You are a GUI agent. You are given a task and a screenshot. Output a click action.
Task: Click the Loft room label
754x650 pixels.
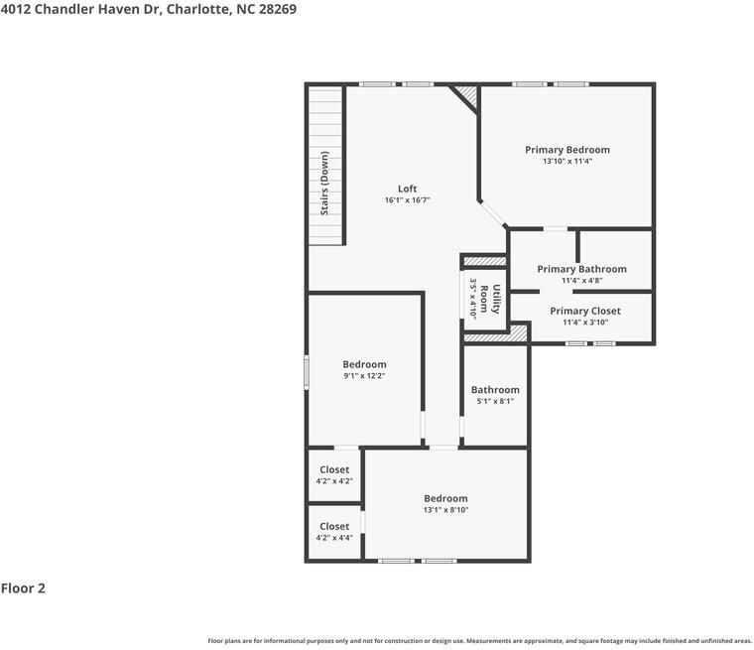coord(407,189)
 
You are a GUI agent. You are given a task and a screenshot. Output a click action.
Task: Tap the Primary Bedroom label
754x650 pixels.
coord(566,150)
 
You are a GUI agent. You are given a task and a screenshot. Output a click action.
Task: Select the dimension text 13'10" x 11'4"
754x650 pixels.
coord(566,162)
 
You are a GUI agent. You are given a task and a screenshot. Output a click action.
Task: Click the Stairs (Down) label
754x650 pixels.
coord(324,184)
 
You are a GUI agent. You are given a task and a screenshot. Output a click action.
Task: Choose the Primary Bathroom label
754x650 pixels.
coord(581,269)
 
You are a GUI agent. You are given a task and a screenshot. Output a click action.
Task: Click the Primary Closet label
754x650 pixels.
coord(585,311)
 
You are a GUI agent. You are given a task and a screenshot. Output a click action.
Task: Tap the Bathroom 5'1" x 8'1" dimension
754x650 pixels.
coord(495,402)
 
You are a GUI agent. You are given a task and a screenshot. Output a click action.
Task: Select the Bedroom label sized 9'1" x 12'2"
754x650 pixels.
coord(364,364)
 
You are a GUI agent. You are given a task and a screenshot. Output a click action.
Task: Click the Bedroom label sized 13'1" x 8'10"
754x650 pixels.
coord(445,498)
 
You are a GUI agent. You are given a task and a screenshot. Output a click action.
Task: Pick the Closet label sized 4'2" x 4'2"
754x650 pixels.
coord(334,469)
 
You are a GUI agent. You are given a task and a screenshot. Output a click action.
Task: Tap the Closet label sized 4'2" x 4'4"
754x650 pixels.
coord(334,526)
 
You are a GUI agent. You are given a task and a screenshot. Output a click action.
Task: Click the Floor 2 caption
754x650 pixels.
coord(23,588)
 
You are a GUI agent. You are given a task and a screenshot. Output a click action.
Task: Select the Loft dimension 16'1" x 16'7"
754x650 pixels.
coord(407,200)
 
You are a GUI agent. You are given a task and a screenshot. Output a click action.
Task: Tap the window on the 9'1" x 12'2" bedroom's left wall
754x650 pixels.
coord(307,369)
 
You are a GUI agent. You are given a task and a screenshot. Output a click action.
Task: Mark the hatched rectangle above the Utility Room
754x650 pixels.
coord(485,261)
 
